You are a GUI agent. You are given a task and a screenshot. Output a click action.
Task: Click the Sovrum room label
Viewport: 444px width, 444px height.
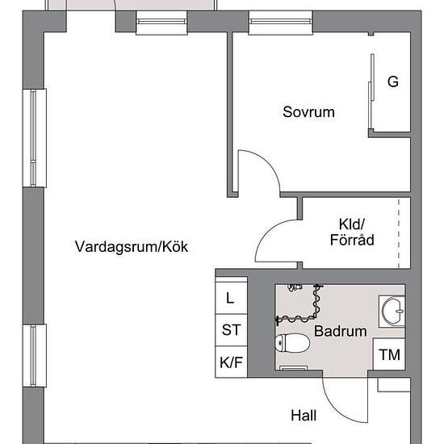pyautogui.click(x=308, y=112)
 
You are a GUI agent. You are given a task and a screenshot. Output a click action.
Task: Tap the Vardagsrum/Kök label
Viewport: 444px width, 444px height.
pyautogui.click(x=132, y=246)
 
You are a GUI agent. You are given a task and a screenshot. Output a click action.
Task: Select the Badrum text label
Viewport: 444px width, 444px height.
pyautogui.click(x=340, y=331)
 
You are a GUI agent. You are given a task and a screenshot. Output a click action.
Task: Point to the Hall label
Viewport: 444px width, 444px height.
pyautogui.click(x=304, y=416)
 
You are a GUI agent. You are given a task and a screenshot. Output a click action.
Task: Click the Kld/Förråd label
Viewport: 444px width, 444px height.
pyautogui.click(x=352, y=232)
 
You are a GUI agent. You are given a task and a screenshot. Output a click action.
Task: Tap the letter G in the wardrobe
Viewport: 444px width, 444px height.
pyautogui.click(x=393, y=82)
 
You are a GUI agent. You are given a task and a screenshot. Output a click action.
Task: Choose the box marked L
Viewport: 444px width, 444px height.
pyautogui.click(x=230, y=298)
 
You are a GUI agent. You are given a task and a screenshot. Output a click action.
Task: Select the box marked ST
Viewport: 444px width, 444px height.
pyautogui.click(x=231, y=330)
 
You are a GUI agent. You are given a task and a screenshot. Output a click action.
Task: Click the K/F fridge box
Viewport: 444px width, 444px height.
pyautogui.click(x=231, y=362)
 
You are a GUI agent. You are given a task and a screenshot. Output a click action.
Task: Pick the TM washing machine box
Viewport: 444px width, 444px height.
pyautogui.click(x=388, y=354)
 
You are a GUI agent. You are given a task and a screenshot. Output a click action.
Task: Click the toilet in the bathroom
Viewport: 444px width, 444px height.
pyautogui.click(x=292, y=344)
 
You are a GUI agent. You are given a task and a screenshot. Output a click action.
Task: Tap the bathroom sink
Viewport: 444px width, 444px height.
pyautogui.click(x=393, y=310)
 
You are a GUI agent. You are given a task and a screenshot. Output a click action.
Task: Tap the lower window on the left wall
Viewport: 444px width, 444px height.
pyautogui.click(x=33, y=355)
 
